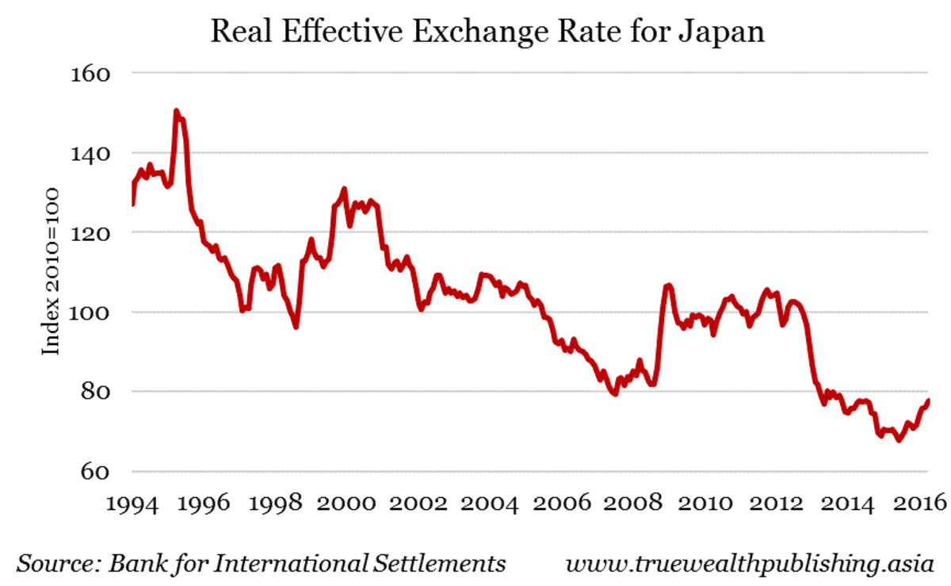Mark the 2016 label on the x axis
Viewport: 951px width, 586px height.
point(921,503)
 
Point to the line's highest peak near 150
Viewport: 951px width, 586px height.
point(176,112)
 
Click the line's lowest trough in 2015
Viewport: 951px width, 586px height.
point(898,440)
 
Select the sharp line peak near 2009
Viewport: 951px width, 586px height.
point(670,285)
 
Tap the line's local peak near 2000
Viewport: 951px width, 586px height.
point(344,189)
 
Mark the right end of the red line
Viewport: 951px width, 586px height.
point(928,400)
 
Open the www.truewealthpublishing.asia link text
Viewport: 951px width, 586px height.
point(750,564)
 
